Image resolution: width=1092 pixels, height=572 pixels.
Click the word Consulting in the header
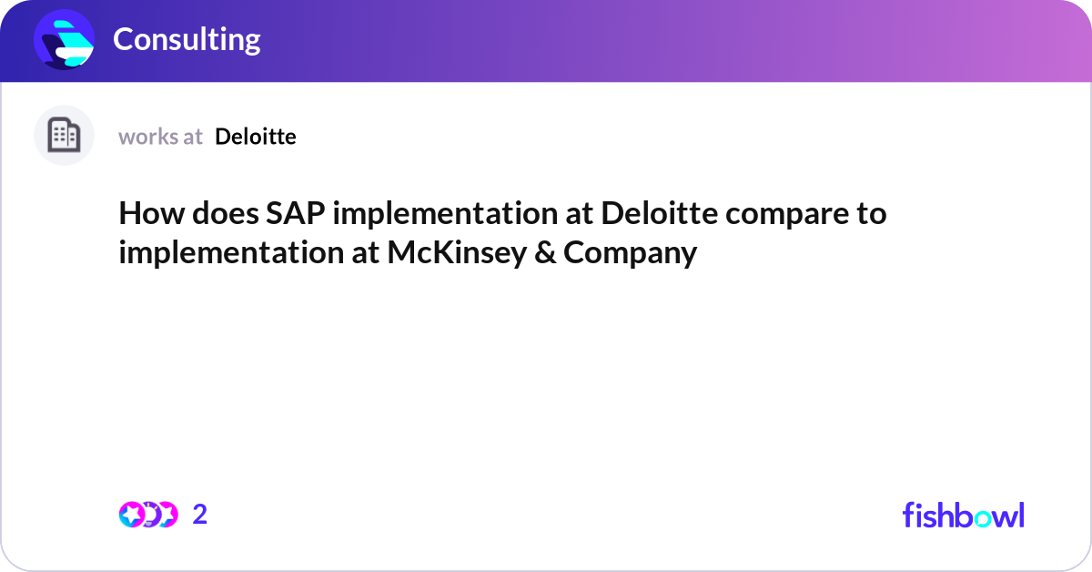(x=187, y=39)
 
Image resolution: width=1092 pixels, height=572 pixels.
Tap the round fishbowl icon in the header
(x=65, y=39)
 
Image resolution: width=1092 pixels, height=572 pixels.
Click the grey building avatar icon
(x=65, y=136)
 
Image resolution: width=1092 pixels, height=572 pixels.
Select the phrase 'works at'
(x=160, y=137)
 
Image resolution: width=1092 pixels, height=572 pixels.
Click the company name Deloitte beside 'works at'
(x=256, y=137)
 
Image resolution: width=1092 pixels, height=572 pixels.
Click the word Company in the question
(x=630, y=252)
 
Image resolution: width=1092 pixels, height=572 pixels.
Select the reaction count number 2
(x=200, y=515)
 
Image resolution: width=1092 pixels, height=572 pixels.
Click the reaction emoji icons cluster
(x=147, y=515)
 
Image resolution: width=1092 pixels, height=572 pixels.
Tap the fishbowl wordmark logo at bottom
(x=963, y=515)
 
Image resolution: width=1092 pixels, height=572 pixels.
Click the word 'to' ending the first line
(x=874, y=215)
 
